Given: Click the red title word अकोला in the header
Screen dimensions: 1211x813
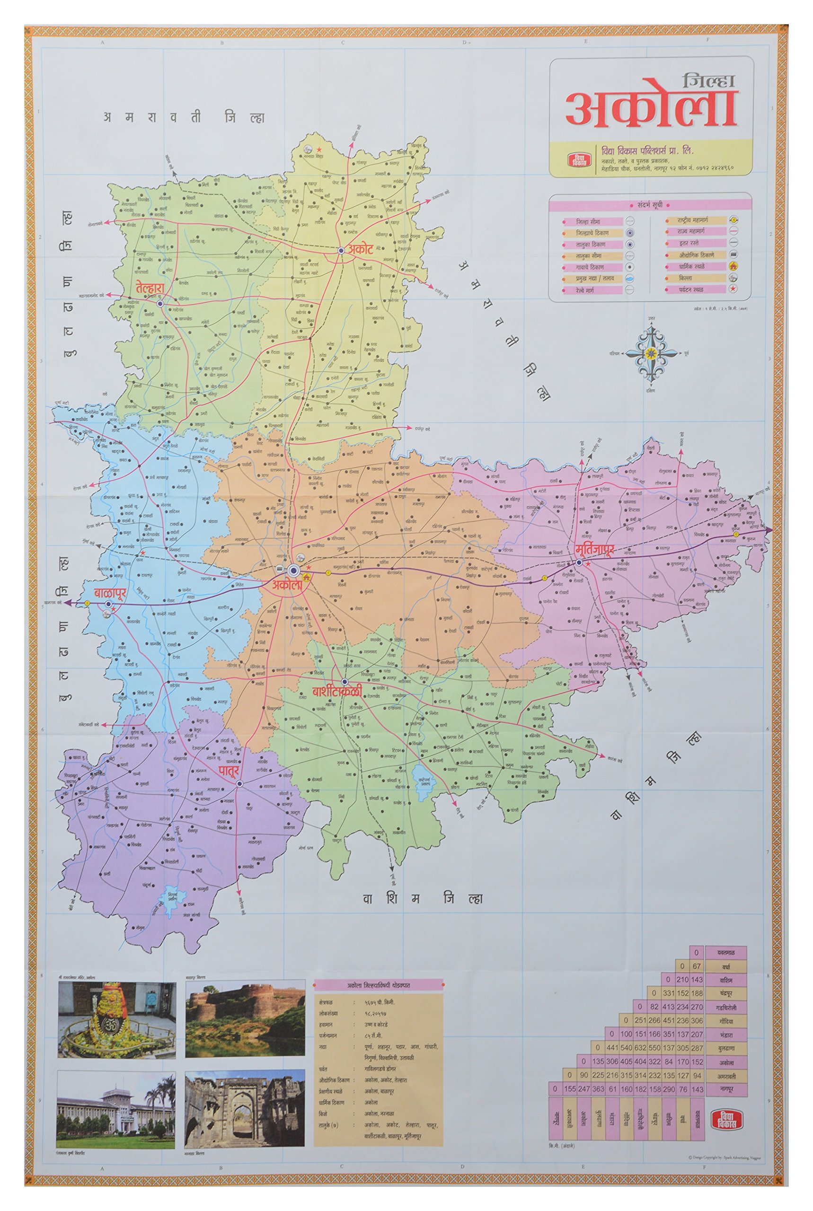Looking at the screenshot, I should (x=651, y=110).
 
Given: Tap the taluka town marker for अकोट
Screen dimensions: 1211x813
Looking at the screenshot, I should (x=341, y=250).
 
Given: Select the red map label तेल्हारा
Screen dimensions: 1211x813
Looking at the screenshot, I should (x=150, y=287).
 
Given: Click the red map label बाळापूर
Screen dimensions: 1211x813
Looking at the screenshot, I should (x=110, y=593).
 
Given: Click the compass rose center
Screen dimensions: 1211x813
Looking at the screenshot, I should (x=650, y=353).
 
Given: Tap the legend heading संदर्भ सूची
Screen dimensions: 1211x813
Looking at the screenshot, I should (x=650, y=205).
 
